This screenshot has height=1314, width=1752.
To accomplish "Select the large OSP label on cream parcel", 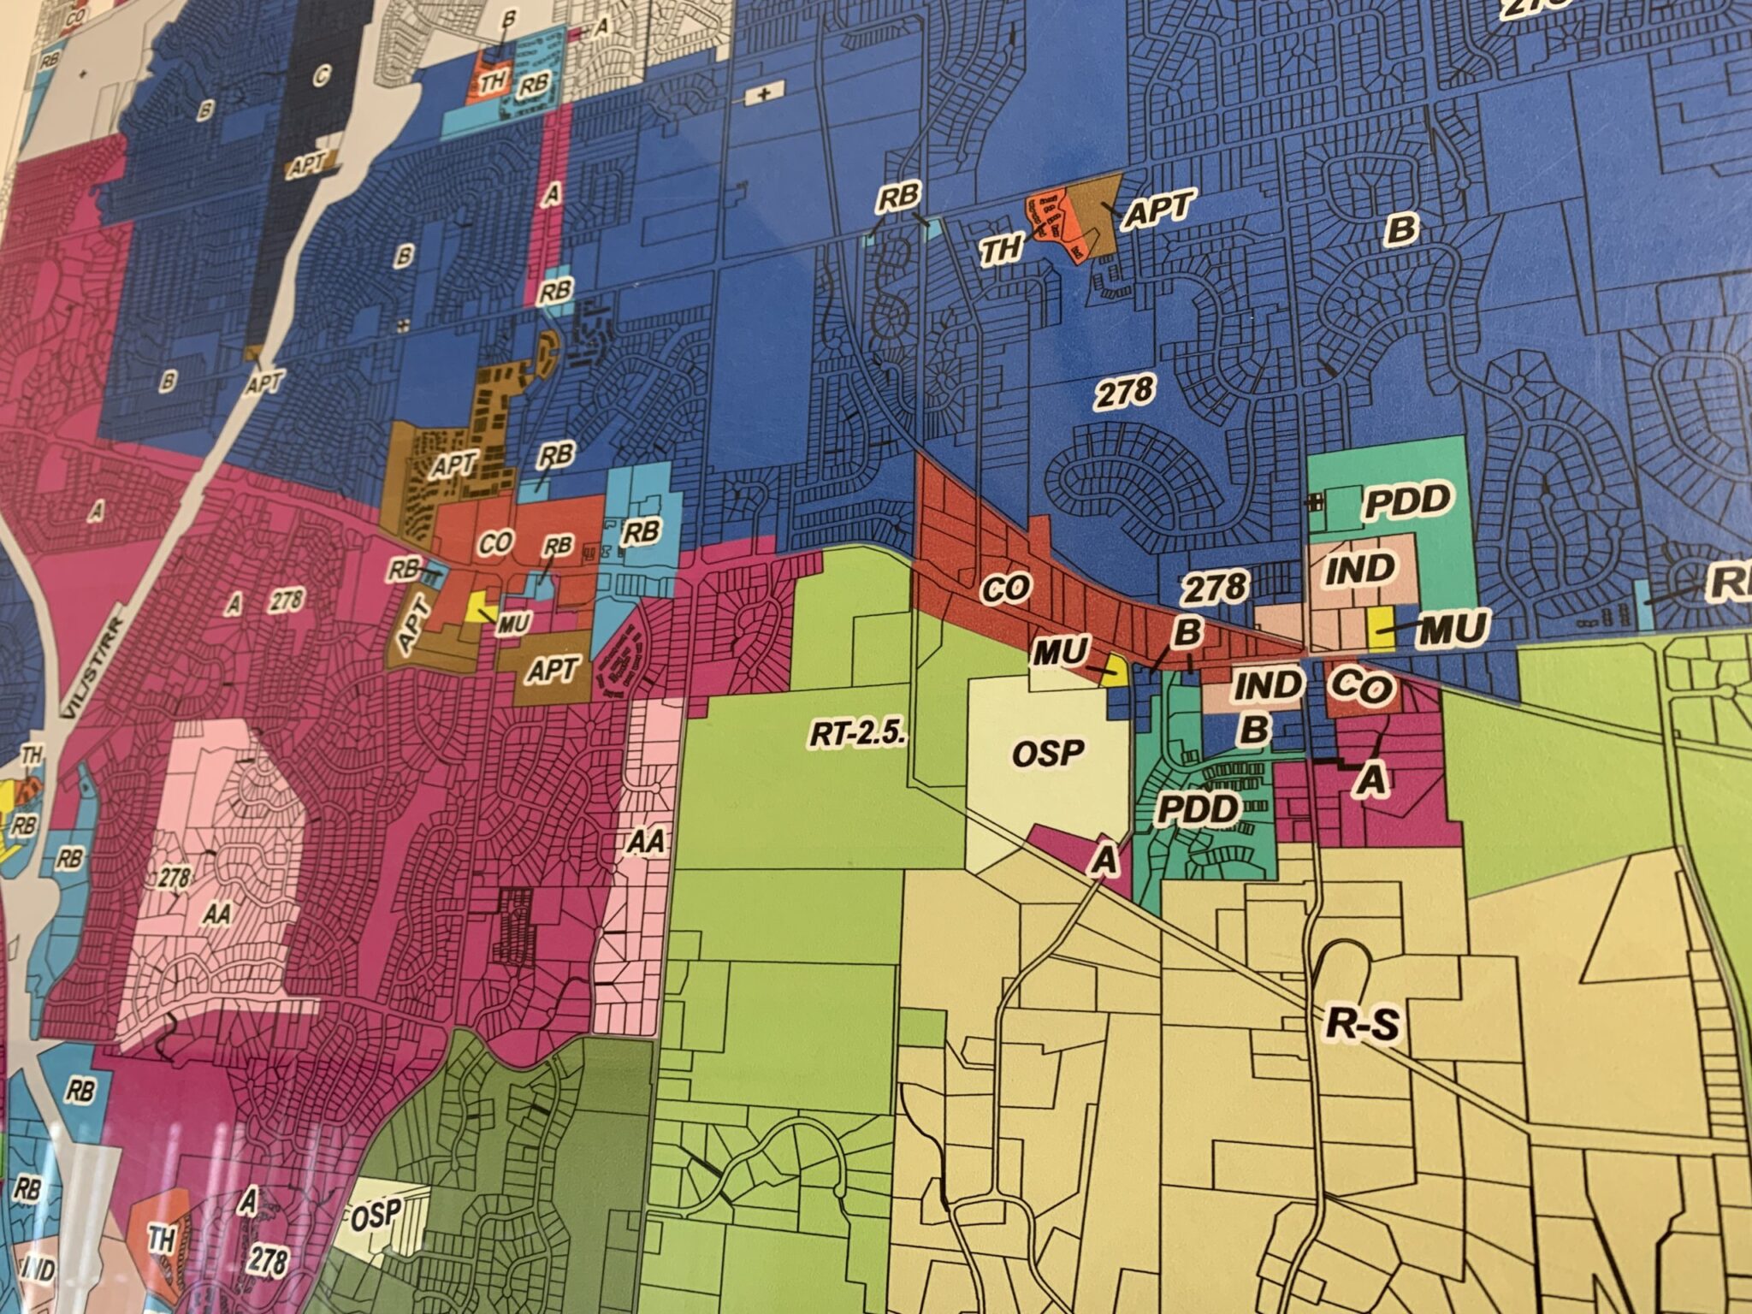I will coord(1048,753).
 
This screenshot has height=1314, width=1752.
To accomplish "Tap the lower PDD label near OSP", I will coord(1198,808).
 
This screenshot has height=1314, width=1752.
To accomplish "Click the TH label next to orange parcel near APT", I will coord(1001,250).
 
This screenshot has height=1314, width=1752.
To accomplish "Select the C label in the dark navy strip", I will coord(321,79).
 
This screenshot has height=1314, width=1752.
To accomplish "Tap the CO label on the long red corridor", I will coord(1007,589).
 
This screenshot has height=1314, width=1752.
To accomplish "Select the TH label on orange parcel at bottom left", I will coord(161,1240).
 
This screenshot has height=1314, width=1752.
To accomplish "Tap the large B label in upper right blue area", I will coord(1401,229).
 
